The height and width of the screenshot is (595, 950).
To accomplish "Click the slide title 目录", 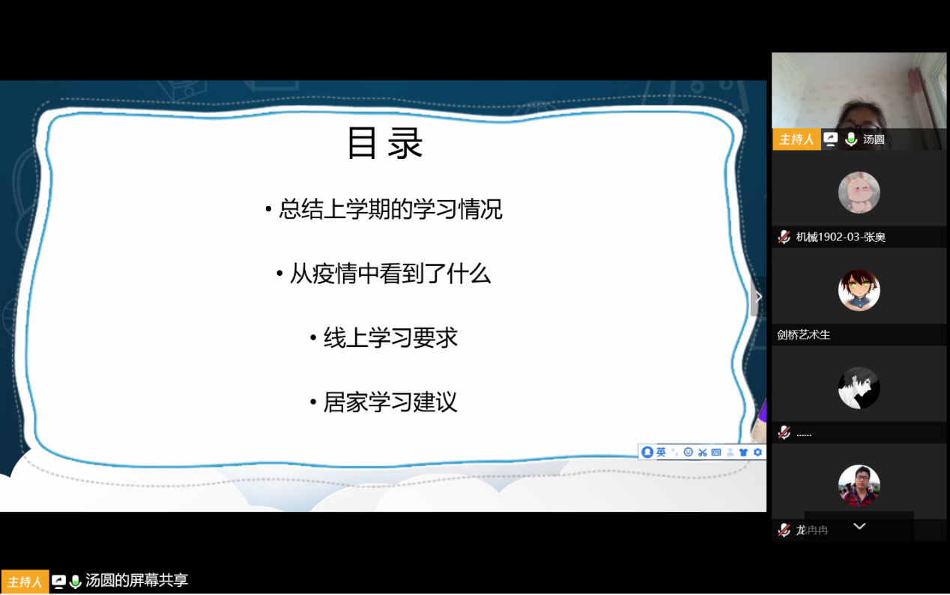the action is pyautogui.click(x=385, y=143).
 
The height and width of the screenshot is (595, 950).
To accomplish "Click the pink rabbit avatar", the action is pyautogui.click(x=859, y=192).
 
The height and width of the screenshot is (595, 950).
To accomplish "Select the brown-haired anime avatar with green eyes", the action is pyautogui.click(x=859, y=290).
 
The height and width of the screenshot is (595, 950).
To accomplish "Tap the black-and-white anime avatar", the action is pyautogui.click(x=859, y=388).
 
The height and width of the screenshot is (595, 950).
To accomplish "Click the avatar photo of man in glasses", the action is pyautogui.click(x=859, y=486).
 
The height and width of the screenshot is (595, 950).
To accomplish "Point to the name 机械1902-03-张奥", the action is pyautogui.click(x=841, y=237).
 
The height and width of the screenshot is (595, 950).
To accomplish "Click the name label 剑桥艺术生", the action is pyautogui.click(x=803, y=335).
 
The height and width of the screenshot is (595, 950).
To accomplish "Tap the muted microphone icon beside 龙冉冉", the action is pyautogui.click(x=784, y=530).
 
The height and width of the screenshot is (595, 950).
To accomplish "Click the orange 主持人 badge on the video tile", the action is pyautogui.click(x=796, y=139).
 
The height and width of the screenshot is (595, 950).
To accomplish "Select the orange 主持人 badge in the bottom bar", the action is pyautogui.click(x=25, y=582).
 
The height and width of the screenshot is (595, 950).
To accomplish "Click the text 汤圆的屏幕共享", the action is pyautogui.click(x=136, y=580).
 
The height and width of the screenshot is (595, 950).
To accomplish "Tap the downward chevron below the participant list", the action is pyautogui.click(x=859, y=526).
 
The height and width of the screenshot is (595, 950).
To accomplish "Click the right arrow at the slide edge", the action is pyautogui.click(x=759, y=296).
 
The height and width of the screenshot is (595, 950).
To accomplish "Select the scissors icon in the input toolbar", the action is pyautogui.click(x=702, y=453).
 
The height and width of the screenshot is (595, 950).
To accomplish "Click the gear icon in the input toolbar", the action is pyautogui.click(x=757, y=452).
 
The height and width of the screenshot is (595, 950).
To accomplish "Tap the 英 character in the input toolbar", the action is pyautogui.click(x=661, y=452).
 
